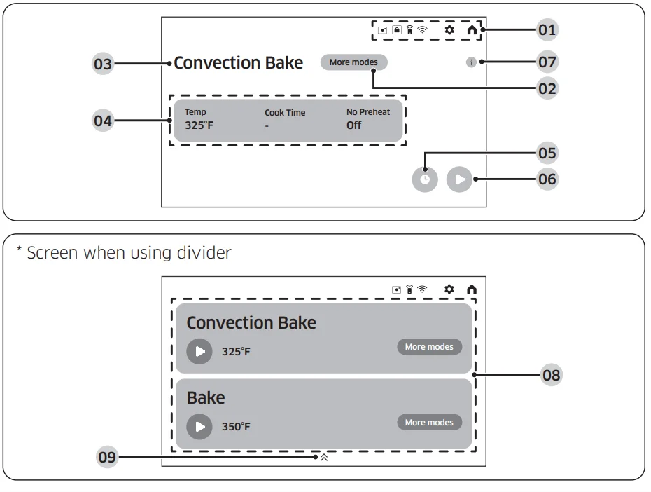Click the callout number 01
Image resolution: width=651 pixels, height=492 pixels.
(x=547, y=30)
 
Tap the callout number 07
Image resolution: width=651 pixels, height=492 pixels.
(x=547, y=62)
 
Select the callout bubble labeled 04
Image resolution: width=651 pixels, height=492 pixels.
(x=102, y=121)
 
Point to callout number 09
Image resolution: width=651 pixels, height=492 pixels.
(x=107, y=457)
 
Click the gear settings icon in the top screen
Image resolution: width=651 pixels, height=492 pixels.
(x=449, y=30)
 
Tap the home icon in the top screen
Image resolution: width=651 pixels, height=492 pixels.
(x=472, y=30)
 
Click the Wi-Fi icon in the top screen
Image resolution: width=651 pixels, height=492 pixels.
(x=422, y=29)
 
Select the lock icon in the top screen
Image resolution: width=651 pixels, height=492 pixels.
(x=397, y=30)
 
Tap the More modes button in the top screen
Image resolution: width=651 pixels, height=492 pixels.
(x=353, y=62)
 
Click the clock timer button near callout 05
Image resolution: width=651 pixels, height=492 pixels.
(x=425, y=179)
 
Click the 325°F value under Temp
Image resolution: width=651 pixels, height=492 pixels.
(x=199, y=125)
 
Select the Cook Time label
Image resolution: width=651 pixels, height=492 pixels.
(x=285, y=113)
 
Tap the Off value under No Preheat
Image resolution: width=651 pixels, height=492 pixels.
(x=353, y=125)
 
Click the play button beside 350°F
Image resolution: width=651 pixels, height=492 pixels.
(x=199, y=427)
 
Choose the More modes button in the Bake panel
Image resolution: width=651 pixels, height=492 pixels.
(x=429, y=422)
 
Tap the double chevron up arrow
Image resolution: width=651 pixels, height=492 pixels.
(x=324, y=458)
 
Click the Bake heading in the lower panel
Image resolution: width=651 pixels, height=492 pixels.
(x=206, y=397)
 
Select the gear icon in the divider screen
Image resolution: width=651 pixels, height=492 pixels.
(x=449, y=289)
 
